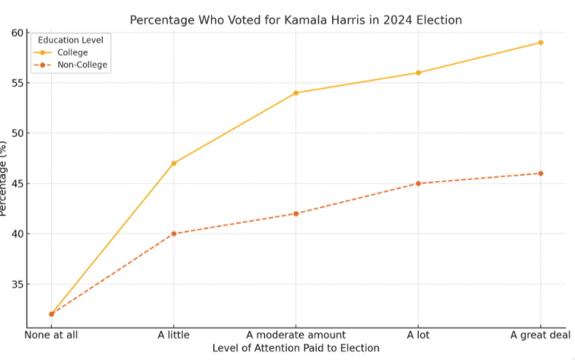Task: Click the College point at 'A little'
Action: point(174,163)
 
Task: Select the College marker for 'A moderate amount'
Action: point(296,93)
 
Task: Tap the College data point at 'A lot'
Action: point(418,72)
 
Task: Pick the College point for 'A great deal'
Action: point(541,43)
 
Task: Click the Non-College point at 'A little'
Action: point(174,234)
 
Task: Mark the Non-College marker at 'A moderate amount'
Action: point(296,213)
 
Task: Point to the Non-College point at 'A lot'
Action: point(418,183)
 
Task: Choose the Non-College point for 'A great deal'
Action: point(541,174)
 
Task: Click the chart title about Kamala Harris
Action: point(295,20)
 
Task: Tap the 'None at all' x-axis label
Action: point(52,335)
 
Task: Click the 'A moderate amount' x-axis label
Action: point(296,335)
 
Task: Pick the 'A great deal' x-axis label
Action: point(538,335)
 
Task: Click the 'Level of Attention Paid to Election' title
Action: point(295,348)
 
